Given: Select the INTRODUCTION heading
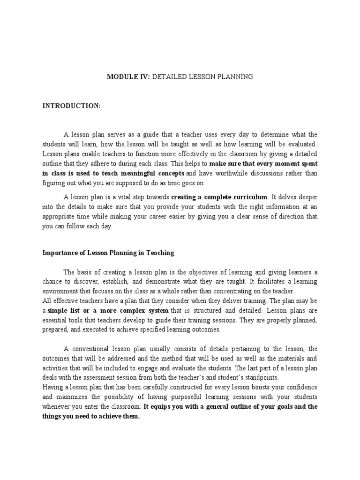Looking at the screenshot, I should pos(72,106).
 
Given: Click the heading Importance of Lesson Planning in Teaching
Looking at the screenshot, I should pos(108,253).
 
